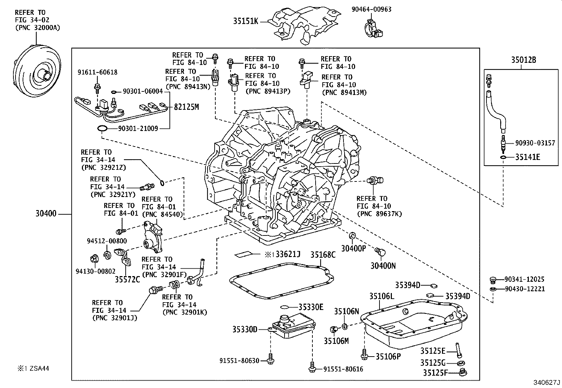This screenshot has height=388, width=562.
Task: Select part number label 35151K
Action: click(245, 22)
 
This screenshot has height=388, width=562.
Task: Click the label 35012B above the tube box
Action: click(524, 60)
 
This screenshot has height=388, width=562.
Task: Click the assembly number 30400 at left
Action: click(46, 214)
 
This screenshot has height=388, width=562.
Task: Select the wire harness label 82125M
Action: click(186, 107)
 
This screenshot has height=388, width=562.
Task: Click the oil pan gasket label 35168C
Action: click(323, 255)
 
